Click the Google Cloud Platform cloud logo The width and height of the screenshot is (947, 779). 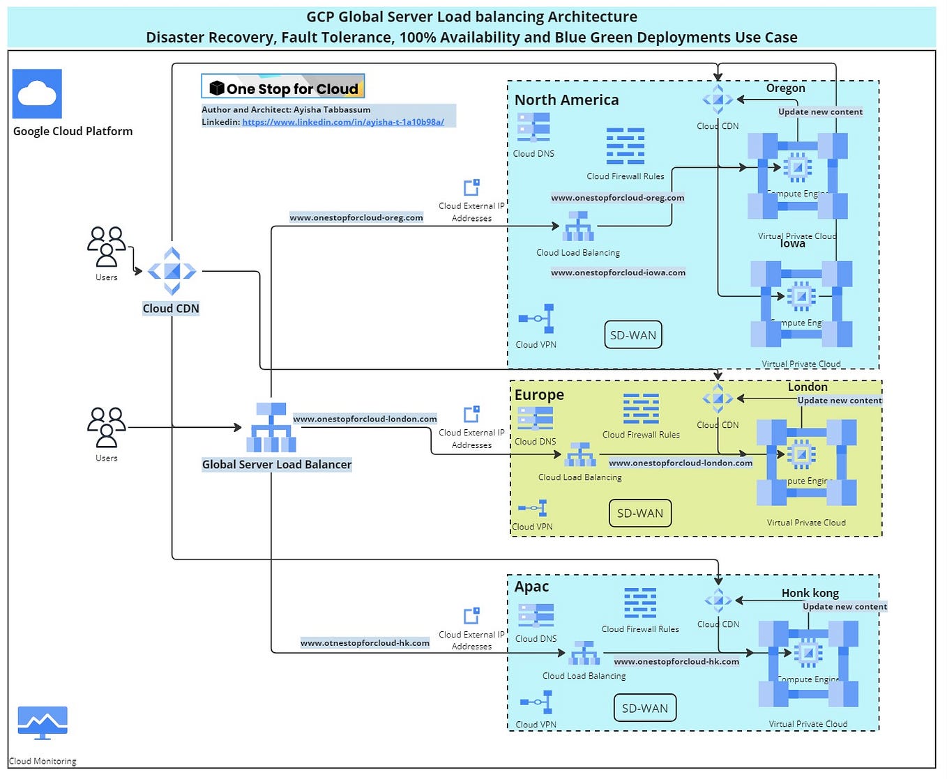tap(37, 93)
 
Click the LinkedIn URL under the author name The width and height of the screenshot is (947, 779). tap(343, 122)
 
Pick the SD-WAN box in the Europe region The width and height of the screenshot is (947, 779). tap(639, 514)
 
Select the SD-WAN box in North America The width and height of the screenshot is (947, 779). tap(632, 335)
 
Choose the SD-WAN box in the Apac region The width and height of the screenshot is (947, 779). tap(644, 708)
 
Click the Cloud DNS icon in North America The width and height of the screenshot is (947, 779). tap(533, 128)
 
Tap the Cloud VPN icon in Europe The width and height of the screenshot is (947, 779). tap(533, 508)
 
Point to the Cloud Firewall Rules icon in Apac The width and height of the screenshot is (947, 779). tap(640, 603)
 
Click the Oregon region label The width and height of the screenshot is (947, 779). tap(785, 88)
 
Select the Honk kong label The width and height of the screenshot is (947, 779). tap(810, 593)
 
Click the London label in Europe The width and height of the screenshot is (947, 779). tap(808, 387)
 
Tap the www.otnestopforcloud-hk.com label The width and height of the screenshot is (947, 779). tap(365, 643)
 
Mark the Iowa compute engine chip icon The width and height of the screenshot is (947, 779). tap(801, 297)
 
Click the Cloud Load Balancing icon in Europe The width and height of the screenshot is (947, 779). tap(580, 455)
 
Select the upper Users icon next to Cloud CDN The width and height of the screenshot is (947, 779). tap(107, 247)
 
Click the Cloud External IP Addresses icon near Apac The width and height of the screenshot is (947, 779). tap(471, 615)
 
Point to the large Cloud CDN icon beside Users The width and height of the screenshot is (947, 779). tap(172, 271)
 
